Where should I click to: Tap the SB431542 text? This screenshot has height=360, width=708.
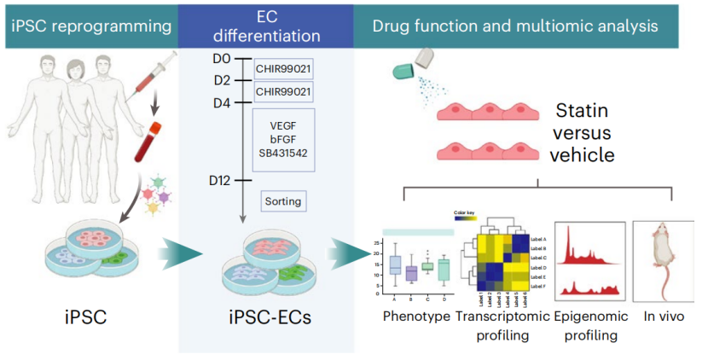click(x=282, y=154)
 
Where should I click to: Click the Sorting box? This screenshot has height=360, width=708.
click(x=283, y=202)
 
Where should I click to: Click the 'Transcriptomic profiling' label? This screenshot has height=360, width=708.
click(x=503, y=325)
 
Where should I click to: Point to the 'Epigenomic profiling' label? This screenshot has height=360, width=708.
click(x=591, y=325)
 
